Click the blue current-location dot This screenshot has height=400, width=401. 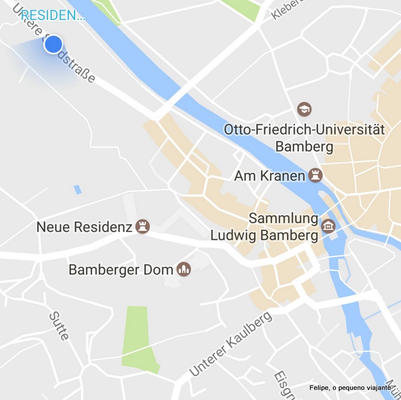pos(54,44)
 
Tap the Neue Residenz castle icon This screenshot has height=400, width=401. pos(143,226)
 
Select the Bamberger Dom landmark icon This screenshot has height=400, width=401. pos(184,270)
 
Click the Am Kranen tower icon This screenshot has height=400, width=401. pos(315,176)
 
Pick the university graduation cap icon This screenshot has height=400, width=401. pos(305,109)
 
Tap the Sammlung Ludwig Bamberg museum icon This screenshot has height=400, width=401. pos(328,226)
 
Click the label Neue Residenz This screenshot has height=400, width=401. pos(84,227)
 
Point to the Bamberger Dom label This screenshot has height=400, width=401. pos(122,270)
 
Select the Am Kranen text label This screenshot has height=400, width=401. pos(269,176)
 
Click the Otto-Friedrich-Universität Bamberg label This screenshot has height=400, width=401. pos(304,138)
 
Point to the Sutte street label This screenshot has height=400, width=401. pos(59,325)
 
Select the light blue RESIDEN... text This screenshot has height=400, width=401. pos(53,15)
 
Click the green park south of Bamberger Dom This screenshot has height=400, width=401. pos(138,339)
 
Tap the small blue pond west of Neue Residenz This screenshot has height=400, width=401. pos(77,189)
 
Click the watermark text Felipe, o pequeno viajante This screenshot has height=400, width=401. pos(350,387)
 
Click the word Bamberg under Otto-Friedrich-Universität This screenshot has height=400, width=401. pos(304,147)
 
